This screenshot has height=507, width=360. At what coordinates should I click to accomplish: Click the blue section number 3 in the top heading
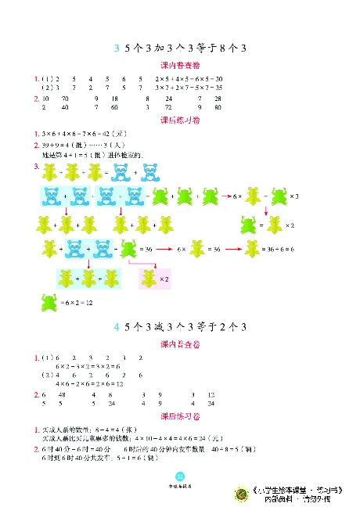(115, 49)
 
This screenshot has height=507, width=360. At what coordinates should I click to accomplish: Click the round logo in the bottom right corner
(242, 494)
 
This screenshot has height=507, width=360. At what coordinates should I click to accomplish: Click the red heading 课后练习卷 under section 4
(179, 416)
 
